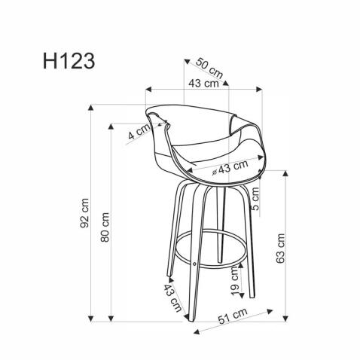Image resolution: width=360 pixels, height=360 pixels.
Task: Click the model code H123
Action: click(63, 61)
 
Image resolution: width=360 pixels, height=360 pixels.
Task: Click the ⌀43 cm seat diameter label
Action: click(229, 167)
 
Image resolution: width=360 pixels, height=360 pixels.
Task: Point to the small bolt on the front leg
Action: click(195, 264)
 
